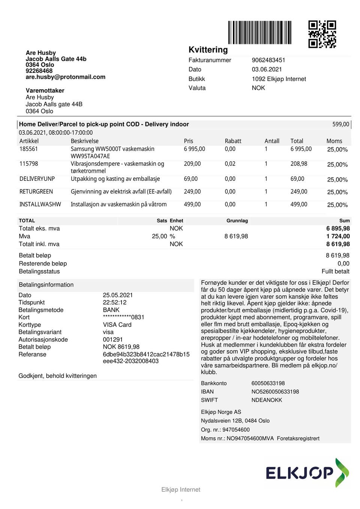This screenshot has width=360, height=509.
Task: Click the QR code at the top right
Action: click(x=322, y=34)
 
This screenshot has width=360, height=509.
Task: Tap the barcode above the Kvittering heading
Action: click(x=260, y=33)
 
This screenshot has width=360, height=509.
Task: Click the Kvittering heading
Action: click(x=208, y=50)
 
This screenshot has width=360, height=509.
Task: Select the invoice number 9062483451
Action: click(x=268, y=60)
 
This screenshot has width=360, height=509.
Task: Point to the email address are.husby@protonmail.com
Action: click(x=66, y=77)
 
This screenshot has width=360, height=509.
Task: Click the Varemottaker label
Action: click(x=45, y=90)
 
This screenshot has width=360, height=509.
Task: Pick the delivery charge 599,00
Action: click(x=340, y=124)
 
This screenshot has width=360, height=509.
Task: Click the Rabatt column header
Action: click(x=233, y=141)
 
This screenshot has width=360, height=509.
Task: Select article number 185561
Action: click(x=28, y=149)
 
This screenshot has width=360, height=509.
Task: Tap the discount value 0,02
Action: click(x=230, y=164)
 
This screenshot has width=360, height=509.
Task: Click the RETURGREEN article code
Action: click(x=36, y=192)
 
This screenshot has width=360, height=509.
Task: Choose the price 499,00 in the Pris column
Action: click(x=192, y=204)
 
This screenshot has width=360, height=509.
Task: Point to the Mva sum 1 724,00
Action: click(x=338, y=236)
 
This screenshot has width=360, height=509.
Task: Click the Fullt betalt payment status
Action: click(x=335, y=271)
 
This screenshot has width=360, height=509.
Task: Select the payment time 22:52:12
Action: click(x=115, y=302)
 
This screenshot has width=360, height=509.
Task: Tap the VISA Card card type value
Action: click(x=117, y=325)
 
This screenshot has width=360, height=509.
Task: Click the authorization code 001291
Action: click(x=113, y=339)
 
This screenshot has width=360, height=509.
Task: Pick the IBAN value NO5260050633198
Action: click(x=275, y=392)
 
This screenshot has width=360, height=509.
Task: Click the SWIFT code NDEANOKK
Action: click(x=267, y=400)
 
